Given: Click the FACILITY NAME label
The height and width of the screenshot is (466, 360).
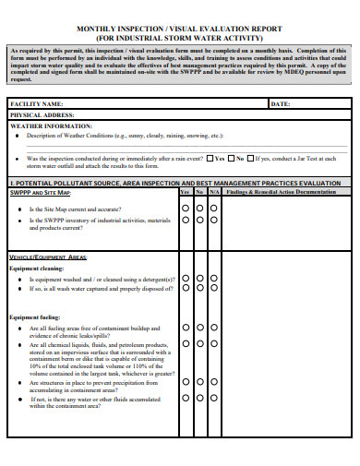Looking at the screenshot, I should pos(36,104).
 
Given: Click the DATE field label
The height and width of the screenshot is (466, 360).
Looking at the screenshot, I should pos(281,104).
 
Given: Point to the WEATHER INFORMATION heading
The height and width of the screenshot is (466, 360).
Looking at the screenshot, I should pos(51,125).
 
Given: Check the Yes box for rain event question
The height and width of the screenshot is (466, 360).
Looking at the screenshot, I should pos(209,158).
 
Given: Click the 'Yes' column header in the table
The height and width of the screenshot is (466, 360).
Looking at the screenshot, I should pos(185,192).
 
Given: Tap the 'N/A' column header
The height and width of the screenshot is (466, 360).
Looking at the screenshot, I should pos(213,192).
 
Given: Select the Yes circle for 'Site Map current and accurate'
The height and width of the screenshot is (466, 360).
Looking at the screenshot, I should pos(186,209).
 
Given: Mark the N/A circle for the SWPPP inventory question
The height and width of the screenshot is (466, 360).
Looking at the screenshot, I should pos(213,221).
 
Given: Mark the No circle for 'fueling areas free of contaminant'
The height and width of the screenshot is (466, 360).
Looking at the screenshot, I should pos(199,328).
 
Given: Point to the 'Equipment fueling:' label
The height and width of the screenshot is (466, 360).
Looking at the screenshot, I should pos(36,317).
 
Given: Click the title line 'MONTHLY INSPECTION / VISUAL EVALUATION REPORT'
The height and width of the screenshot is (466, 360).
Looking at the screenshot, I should pos(179,28).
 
